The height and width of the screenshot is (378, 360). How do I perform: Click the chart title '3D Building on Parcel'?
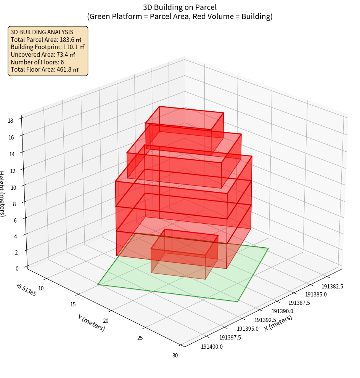click(x=180, y=7)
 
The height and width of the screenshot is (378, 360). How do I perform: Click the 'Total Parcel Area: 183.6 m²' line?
click(x=46, y=40)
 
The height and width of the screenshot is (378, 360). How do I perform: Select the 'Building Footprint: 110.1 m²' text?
click(x=48, y=47)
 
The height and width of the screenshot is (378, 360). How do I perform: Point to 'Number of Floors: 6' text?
click(x=37, y=62)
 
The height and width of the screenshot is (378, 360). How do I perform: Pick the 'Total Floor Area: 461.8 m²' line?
click(x=45, y=69)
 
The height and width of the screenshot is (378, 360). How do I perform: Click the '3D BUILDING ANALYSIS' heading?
click(x=42, y=32)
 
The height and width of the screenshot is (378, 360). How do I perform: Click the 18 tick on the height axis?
click(x=10, y=121)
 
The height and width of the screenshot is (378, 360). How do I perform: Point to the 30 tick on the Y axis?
click(x=175, y=356)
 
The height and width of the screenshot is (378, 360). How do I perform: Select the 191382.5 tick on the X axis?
click(x=332, y=287)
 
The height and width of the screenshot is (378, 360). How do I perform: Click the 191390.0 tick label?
click(x=281, y=312)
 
